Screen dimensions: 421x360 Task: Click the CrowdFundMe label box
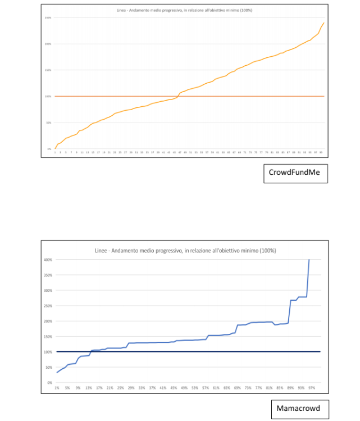point(295,173)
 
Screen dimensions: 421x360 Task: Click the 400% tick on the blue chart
point(49,260)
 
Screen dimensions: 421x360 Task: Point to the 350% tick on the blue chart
point(49,275)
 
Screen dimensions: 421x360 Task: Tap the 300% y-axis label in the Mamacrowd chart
point(49,291)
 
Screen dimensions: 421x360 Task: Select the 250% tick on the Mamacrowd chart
point(49,306)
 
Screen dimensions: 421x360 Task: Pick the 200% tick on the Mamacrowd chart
point(49,321)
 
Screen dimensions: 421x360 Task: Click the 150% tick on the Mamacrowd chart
point(49,337)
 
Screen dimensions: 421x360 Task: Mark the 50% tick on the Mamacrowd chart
point(51,367)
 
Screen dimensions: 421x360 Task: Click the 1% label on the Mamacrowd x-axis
point(57,388)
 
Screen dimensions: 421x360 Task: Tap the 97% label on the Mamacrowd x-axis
point(312,388)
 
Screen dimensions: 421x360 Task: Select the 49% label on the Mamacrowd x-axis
point(184,388)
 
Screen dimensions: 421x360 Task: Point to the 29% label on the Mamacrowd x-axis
point(131,388)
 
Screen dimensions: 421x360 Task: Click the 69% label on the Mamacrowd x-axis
point(238,388)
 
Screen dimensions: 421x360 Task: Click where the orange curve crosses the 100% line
point(178,96)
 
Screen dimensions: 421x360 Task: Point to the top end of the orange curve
point(324,23)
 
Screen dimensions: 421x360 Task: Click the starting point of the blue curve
point(57,372)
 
